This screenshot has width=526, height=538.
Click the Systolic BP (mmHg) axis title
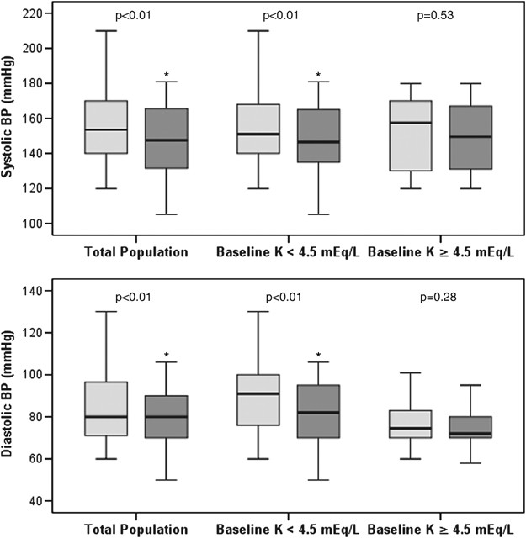pyautogui.click(x=11, y=123)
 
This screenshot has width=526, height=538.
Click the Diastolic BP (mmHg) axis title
pyautogui.click(x=11, y=396)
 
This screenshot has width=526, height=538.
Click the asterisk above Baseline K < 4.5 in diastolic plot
pyautogui.click(x=318, y=356)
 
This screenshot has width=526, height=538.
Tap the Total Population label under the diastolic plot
pyautogui.click(x=135, y=530)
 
